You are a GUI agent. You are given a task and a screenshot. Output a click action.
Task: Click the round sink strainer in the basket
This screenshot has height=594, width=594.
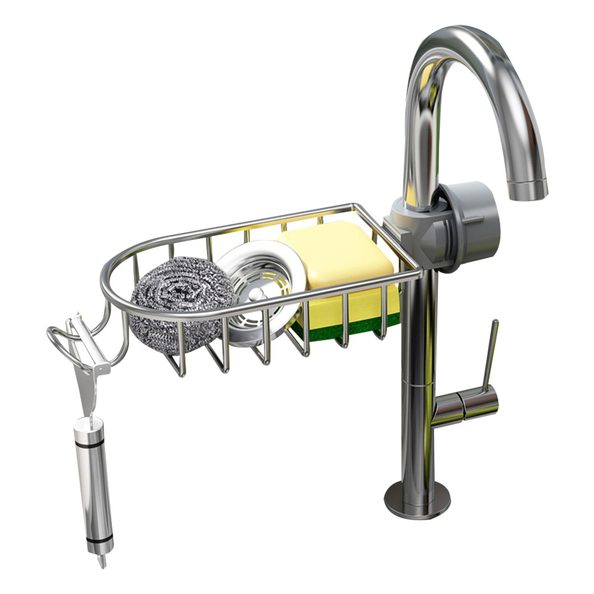pyautogui.click(x=258, y=291)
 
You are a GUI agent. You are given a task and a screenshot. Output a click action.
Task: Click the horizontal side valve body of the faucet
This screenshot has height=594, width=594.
pyautogui.click(x=468, y=404)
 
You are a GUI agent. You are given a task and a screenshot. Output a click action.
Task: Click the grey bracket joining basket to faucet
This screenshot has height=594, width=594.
pyautogui.click(x=404, y=231)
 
